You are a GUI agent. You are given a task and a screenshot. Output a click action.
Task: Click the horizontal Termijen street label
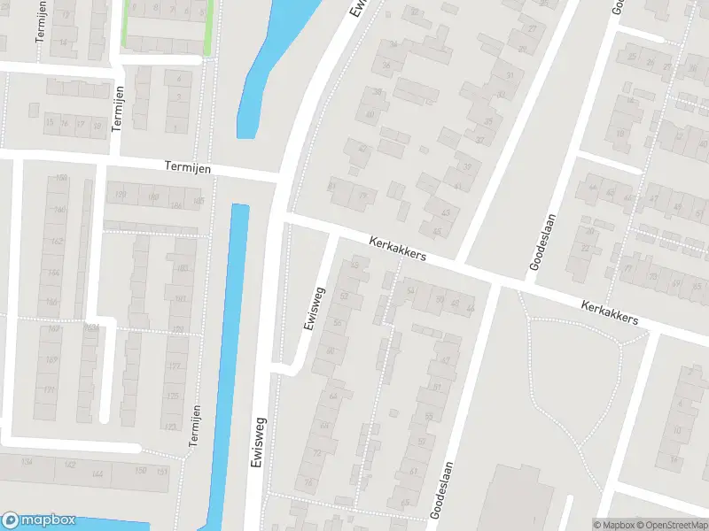click(x=189, y=166)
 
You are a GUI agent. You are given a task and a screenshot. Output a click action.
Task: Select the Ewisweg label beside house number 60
click(x=311, y=308)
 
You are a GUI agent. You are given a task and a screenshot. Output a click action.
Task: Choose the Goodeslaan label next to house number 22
click(x=542, y=241)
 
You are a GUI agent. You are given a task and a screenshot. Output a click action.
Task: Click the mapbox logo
click(x=38, y=520)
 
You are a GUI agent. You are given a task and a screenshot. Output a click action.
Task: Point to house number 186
click(x=175, y=205)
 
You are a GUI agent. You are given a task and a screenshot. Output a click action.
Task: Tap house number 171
click(x=50, y=390)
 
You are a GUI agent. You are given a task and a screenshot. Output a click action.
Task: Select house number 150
click(x=141, y=470)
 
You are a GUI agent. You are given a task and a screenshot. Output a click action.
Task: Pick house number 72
click(x=317, y=453)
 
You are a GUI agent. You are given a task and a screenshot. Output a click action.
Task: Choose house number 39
click(x=467, y=166)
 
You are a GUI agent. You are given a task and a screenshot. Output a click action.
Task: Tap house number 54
click(x=410, y=290)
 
